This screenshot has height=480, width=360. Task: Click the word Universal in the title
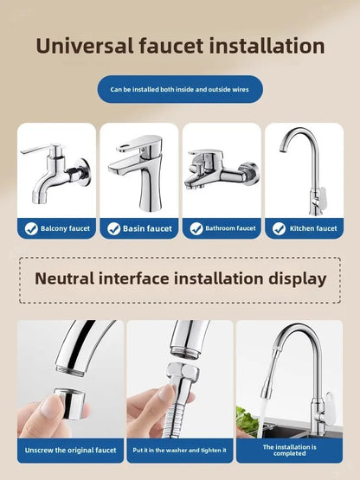[85, 46]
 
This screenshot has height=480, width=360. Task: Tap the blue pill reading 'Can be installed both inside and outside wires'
[180, 89]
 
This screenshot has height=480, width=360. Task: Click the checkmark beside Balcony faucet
[31, 228]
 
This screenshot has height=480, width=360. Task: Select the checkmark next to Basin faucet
[113, 228]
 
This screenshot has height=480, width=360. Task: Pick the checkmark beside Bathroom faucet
[196, 228]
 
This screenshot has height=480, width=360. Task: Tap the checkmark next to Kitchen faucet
[279, 228]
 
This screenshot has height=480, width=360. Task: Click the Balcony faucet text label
[65, 228]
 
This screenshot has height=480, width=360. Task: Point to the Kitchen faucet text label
[313, 228]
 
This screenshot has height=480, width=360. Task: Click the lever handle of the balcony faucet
[40, 149]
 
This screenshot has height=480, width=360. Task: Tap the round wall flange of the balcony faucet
[84, 171]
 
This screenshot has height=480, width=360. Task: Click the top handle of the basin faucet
[139, 144]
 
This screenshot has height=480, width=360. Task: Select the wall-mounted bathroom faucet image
[222, 170]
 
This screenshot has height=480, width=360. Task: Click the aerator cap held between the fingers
[69, 404]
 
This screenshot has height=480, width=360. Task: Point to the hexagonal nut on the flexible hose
[183, 371]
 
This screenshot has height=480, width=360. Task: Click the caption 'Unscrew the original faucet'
[70, 451]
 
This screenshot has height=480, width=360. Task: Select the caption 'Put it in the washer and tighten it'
[180, 451]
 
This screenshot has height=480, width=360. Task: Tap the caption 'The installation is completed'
[290, 451]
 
